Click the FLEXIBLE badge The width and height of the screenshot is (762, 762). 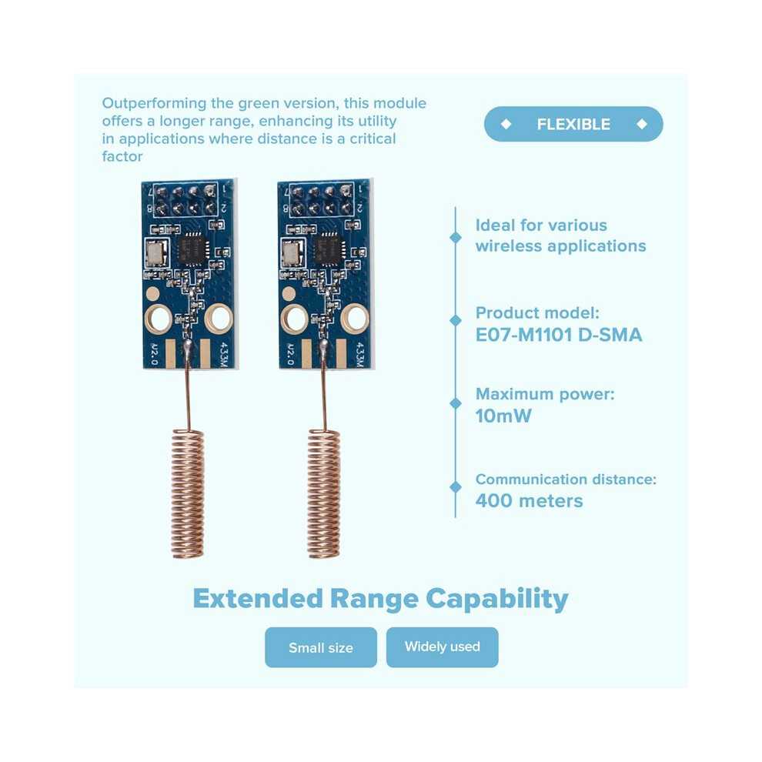pos(573,124)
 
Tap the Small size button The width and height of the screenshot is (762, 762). pos(321,647)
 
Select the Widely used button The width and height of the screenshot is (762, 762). pos(443,647)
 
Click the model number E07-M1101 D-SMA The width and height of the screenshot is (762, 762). pos(559,335)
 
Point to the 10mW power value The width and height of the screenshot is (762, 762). pos(503,416)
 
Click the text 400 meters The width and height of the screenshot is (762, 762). pos(530,501)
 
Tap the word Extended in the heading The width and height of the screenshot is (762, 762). pos(258,598)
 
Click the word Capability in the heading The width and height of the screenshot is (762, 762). pos(497,599)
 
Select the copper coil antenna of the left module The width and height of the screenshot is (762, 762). pos(188,493)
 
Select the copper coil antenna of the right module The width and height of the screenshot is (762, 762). pos(324,493)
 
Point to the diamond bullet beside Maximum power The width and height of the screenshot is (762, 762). pos(456,403)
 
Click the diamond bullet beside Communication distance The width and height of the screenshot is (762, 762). pos(456,487)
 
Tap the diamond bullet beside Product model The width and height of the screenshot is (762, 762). pos(456,321)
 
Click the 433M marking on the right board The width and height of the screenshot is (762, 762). pos(360,355)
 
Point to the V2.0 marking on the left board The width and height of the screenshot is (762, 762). pos(154,354)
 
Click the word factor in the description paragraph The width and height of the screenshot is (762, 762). pos(122,156)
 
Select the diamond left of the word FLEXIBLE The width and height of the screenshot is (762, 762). pos(506,124)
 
